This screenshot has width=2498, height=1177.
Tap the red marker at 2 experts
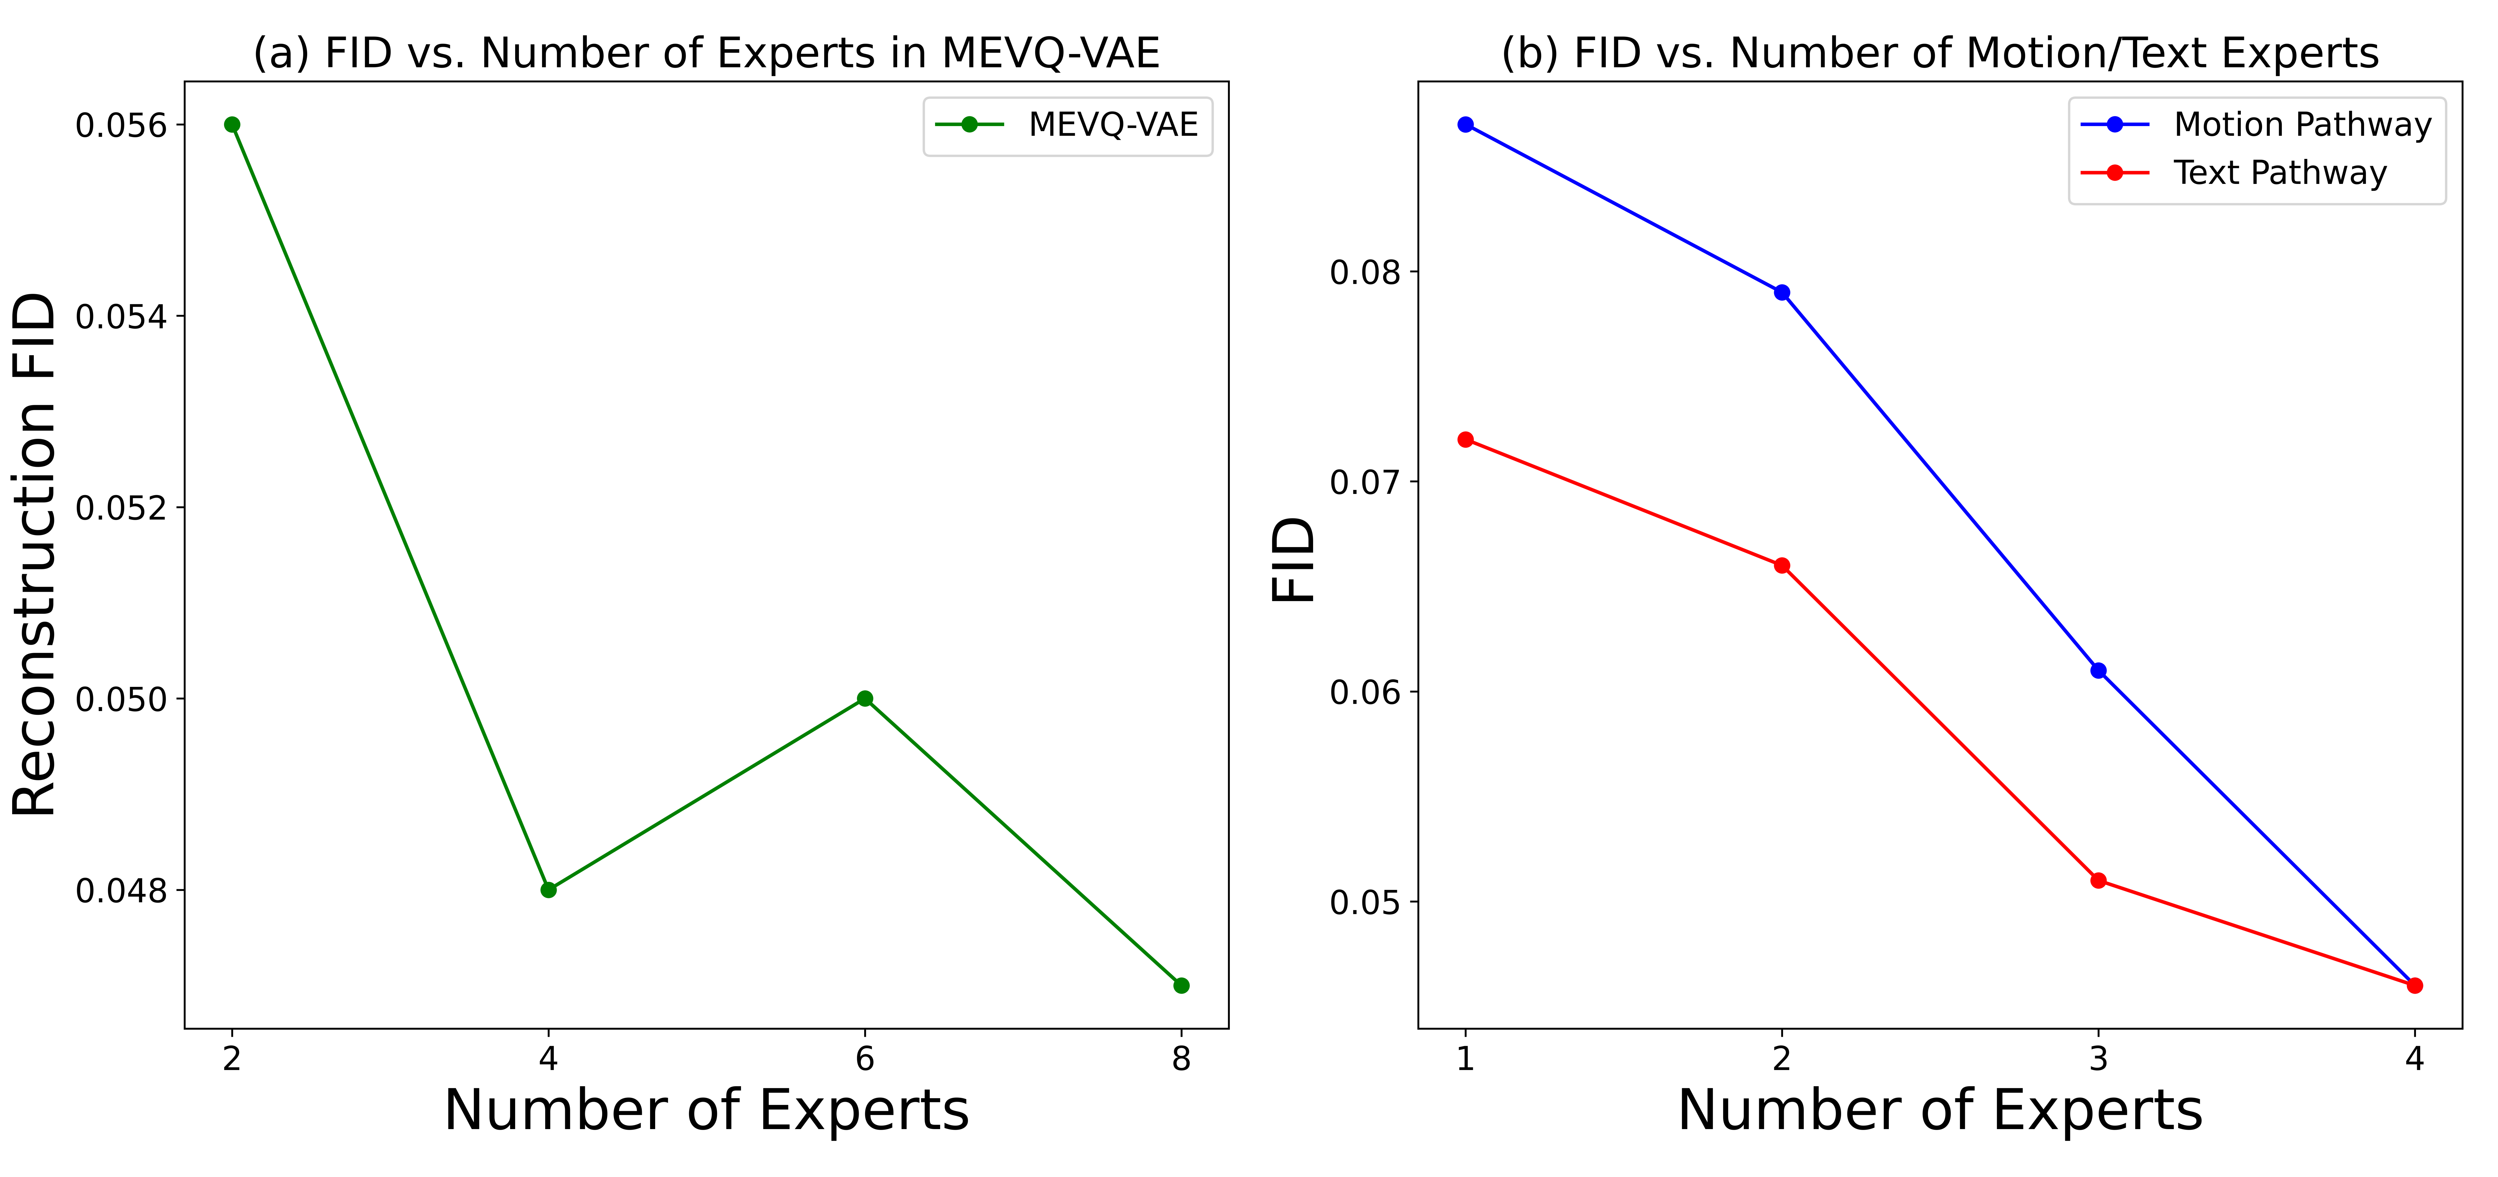[x=1781, y=565]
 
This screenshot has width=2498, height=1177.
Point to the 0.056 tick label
[x=121, y=125]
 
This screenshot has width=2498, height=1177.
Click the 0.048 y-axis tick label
[x=121, y=890]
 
